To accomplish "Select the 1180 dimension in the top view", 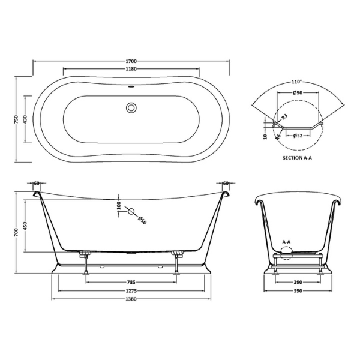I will click(x=132, y=70).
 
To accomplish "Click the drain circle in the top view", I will click(x=131, y=109).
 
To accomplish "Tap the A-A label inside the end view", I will click(x=286, y=242).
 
